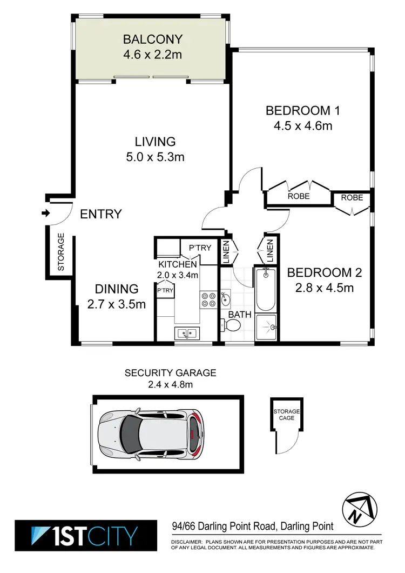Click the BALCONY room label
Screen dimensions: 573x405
153,39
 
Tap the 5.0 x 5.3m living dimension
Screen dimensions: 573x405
156,157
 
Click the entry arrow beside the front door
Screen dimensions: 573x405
45,214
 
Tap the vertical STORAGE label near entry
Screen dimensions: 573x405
61,252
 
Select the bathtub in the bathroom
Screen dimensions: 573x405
265,289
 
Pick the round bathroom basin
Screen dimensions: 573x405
226,299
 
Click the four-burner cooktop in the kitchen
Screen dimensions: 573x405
208,299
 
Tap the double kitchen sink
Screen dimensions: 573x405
186,332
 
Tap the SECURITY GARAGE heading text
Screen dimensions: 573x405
170,372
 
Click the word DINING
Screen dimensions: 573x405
117,289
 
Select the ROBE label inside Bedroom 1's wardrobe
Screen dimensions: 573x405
298,196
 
